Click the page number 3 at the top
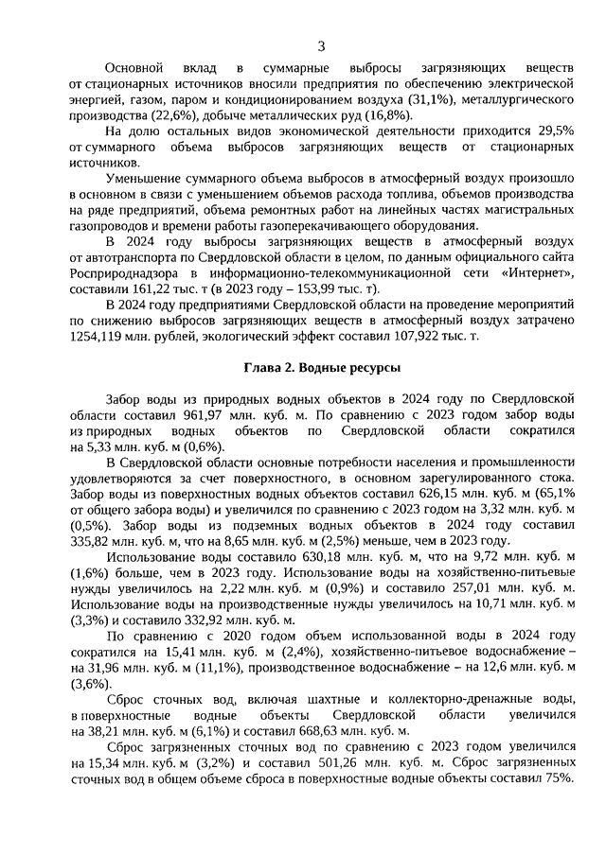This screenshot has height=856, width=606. click(x=321, y=45)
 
